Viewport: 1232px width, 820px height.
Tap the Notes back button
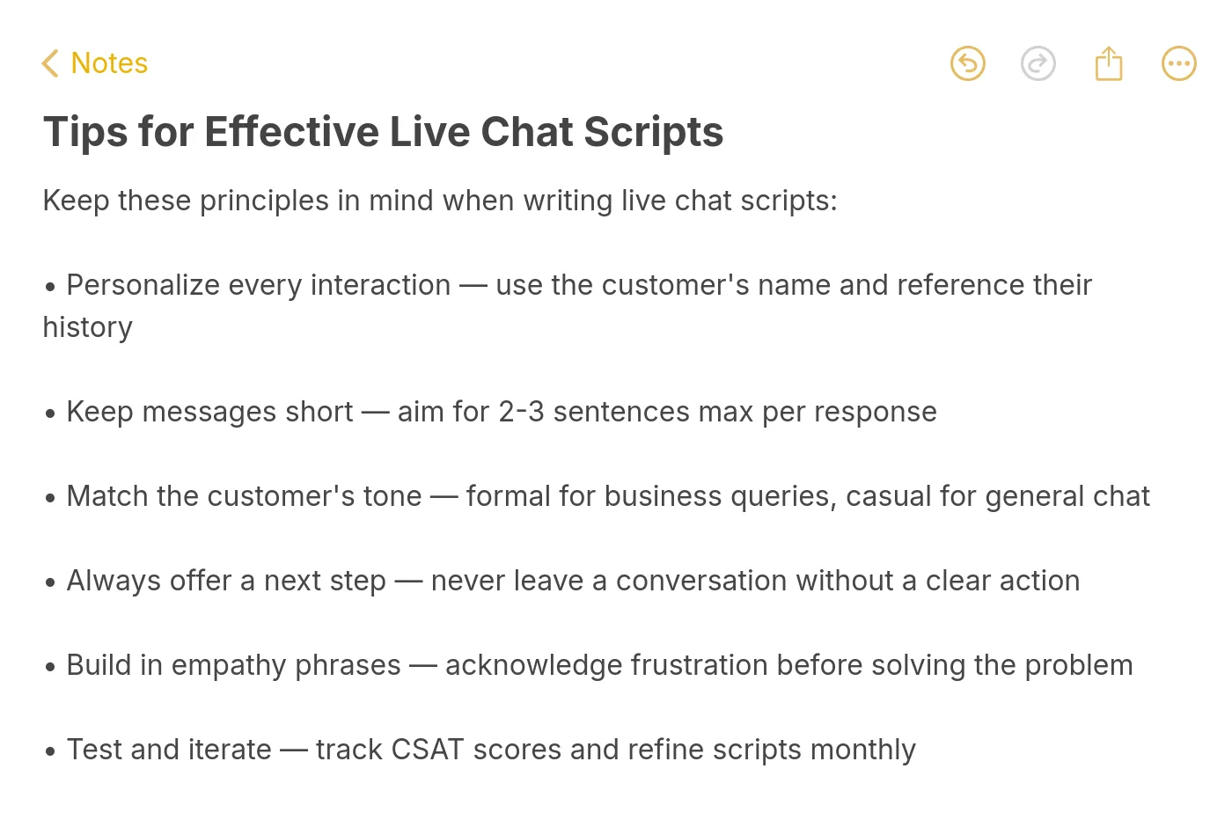click(x=95, y=63)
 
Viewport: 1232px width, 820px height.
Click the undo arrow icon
click(x=967, y=63)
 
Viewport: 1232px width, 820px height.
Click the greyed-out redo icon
click(x=1038, y=63)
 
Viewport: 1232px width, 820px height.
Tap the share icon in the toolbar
click(x=1108, y=63)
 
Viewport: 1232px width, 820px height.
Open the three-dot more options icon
click(x=1178, y=63)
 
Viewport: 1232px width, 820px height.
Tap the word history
click(x=87, y=327)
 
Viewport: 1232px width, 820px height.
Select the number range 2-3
click(x=521, y=412)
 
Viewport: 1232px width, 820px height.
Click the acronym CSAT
click(x=427, y=750)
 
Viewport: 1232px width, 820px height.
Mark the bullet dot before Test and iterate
click(x=50, y=751)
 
